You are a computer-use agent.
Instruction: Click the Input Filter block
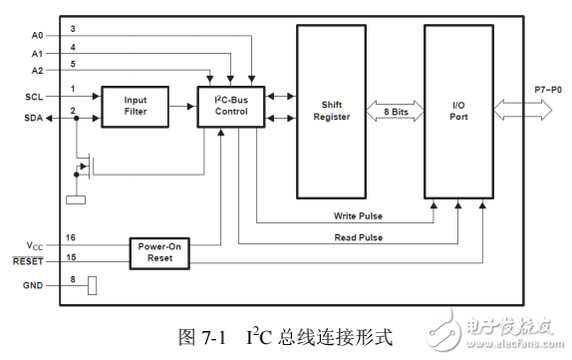[x=135, y=106]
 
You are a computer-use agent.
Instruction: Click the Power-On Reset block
[x=160, y=251]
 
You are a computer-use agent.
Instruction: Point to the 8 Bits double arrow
[x=397, y=111]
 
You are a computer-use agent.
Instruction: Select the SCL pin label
[x=35, y=97]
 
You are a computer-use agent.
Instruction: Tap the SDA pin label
[x=35, y=118]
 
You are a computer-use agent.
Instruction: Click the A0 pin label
[x=37, y=34]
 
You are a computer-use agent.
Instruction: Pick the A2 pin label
[x=37, y=71]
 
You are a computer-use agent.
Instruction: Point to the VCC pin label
[x=35, y=244]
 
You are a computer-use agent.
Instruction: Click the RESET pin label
[x=32, y=261]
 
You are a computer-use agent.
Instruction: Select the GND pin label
[x=34, y=286]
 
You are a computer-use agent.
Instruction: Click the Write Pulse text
[x=359, y=216]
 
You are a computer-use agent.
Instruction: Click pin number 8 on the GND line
[x=73, y=280]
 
